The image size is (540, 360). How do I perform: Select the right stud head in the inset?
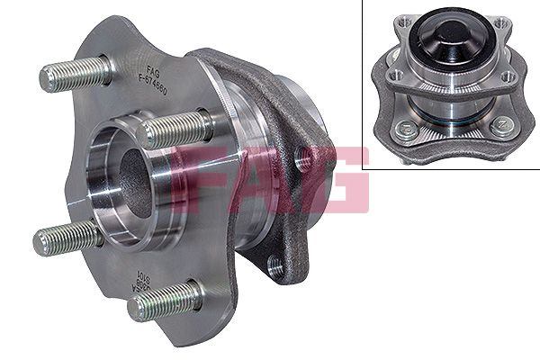[500, 125]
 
